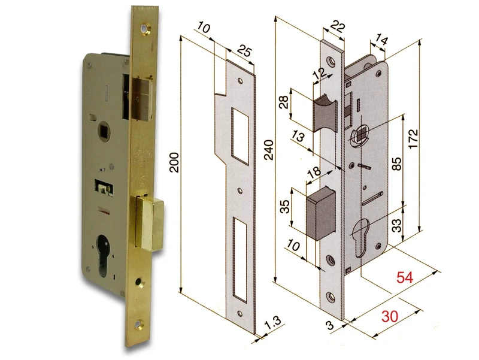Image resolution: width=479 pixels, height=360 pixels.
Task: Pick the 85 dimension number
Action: coord(395,163)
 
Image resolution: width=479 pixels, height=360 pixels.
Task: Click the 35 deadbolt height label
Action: coord(286,206)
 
